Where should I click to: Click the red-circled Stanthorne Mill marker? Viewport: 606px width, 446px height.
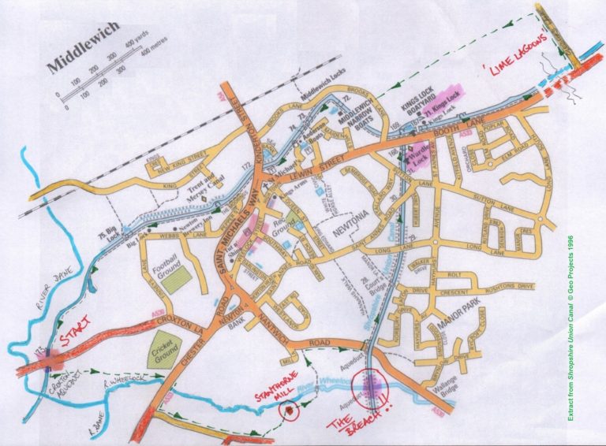tap(290, 410)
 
